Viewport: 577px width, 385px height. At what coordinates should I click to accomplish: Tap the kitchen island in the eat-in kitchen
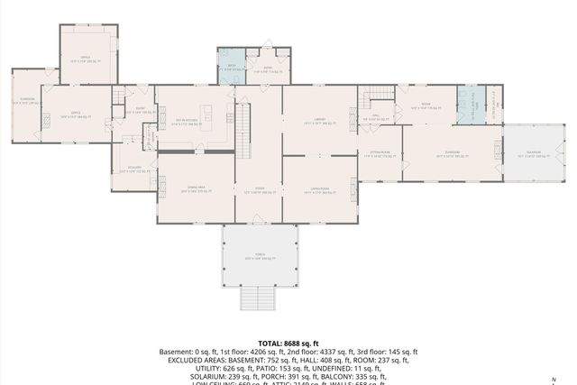point(206,115)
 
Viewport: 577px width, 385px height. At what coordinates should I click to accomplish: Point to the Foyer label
point(259,190)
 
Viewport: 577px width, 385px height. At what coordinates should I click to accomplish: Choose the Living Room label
point(316,190)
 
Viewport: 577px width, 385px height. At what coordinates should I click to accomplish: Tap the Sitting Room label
point(380,154)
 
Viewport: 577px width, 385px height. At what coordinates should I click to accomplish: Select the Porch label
point(260,257)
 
